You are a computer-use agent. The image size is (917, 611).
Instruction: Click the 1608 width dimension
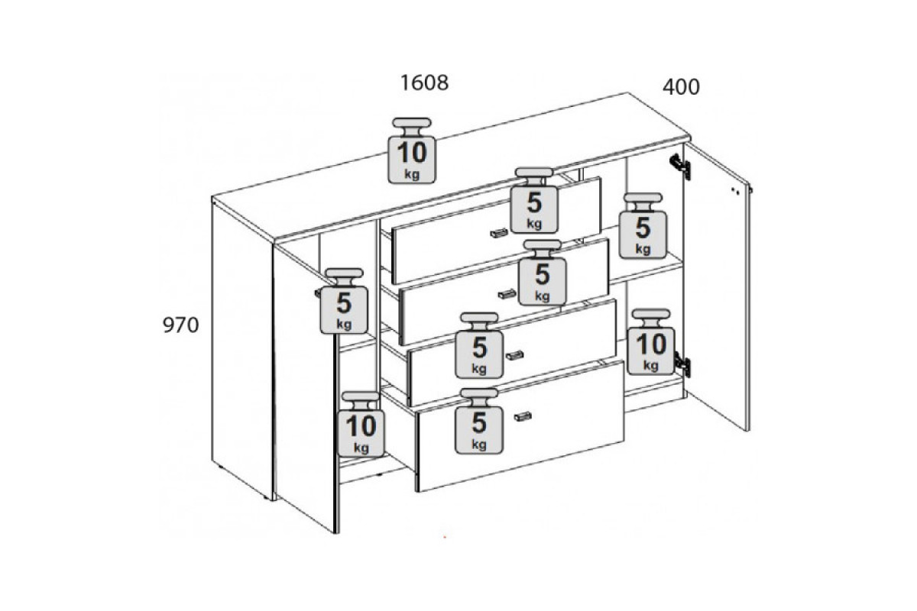pos(424,82)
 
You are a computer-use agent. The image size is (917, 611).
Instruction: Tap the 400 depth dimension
pos(681,87)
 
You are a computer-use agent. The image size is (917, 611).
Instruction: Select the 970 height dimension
pos(180,325)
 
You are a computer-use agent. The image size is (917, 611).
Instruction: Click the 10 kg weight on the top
pos(412,150)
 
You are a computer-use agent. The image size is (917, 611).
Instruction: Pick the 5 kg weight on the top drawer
pos(534,201)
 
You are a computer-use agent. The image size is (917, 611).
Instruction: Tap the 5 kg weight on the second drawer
pos(543,273)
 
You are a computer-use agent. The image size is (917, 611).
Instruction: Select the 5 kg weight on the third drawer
pos(479,345)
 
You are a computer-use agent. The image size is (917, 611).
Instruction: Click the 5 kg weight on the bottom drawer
pos(479,421)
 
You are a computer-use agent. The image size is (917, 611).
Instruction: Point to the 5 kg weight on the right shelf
pos(643,225)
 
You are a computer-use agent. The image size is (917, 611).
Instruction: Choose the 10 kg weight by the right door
pos(651,341)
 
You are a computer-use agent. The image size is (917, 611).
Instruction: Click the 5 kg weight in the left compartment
pos(344,301)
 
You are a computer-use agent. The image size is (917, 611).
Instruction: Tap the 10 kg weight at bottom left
pos(361,425)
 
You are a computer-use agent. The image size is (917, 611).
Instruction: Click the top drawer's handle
pos(499,233)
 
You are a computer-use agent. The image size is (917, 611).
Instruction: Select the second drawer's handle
pos(507,294)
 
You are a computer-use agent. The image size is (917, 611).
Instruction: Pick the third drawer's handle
pos(514,355)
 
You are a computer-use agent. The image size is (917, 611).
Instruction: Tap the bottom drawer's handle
pos(523,416)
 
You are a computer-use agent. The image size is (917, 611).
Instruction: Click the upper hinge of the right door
pos(680,166)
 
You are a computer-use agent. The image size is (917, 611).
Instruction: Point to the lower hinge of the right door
pos(682,364)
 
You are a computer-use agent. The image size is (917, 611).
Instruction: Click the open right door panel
pos(717,286)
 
